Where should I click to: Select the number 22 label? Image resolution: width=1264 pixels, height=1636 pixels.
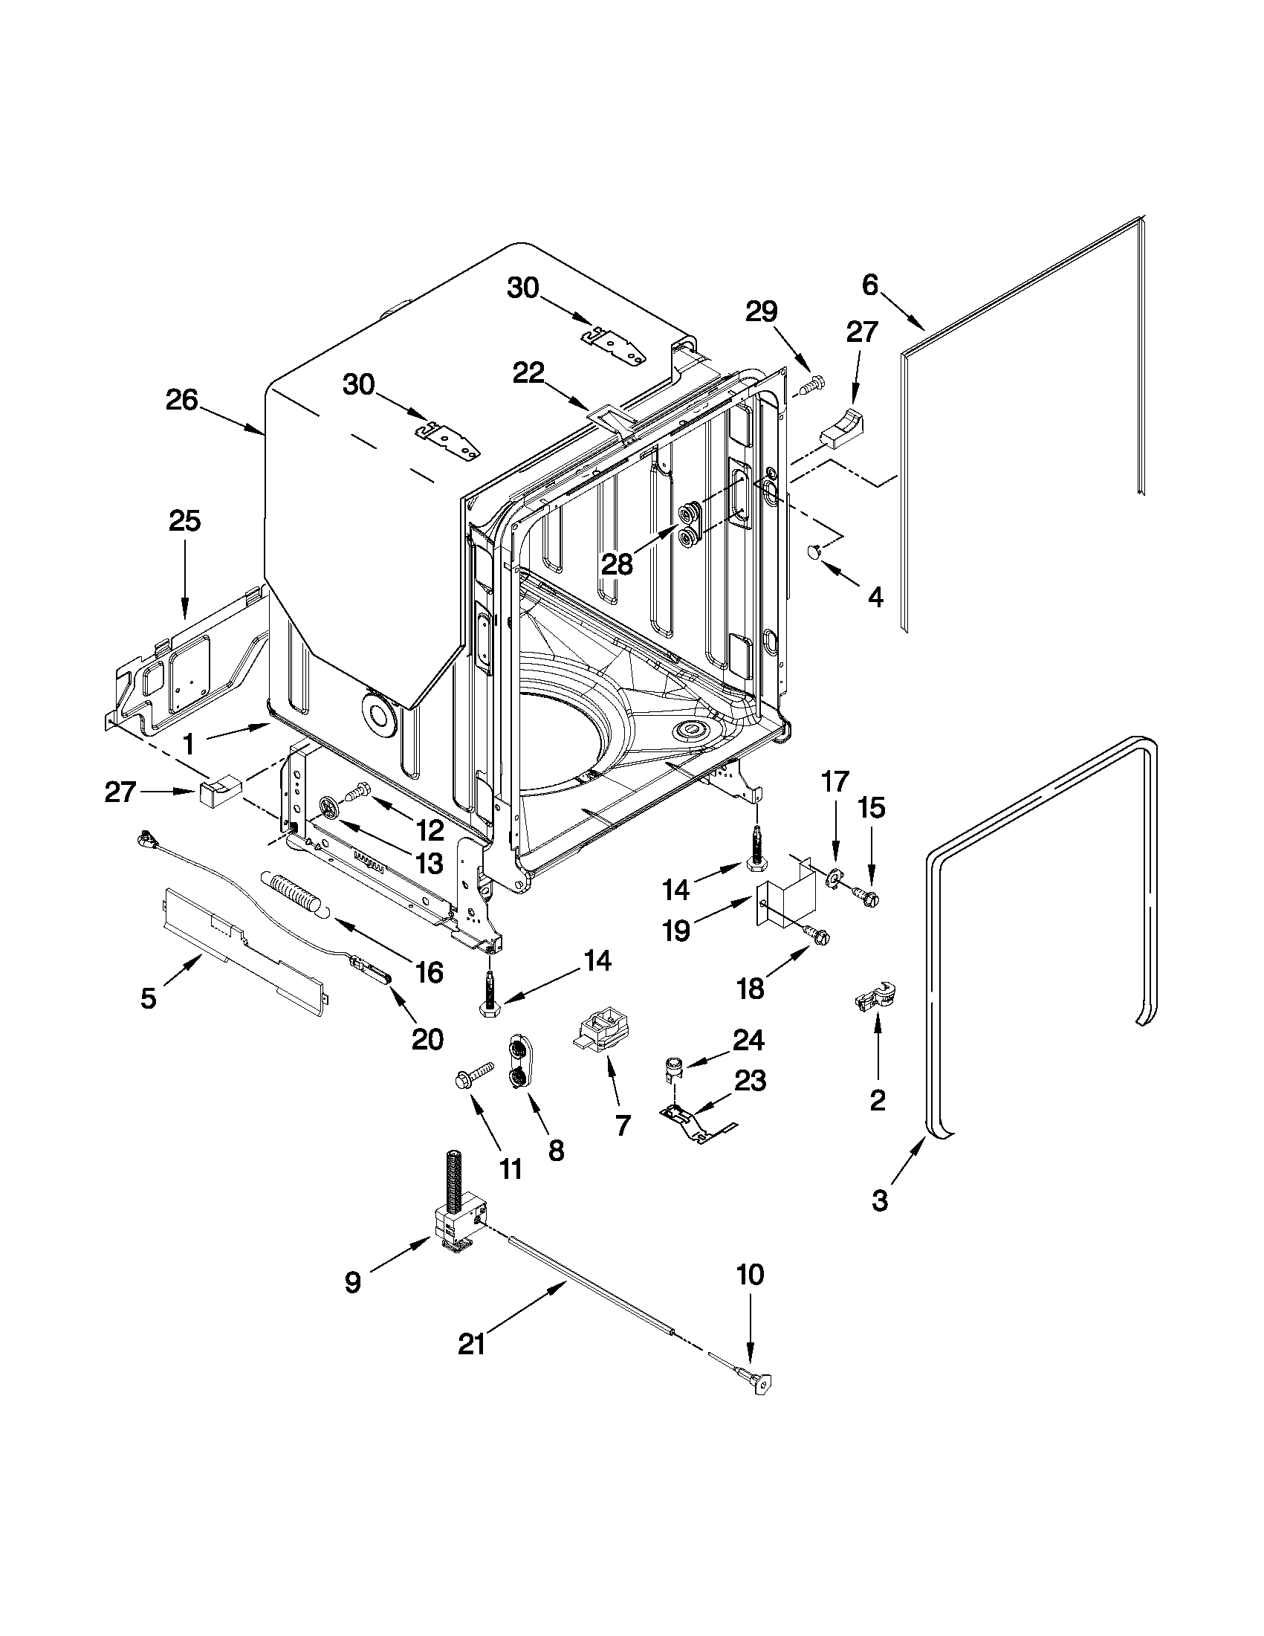(528, 373)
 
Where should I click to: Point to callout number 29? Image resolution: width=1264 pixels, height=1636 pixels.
(762, 311)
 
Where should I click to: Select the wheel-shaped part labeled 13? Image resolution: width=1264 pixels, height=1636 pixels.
(330, 807)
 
